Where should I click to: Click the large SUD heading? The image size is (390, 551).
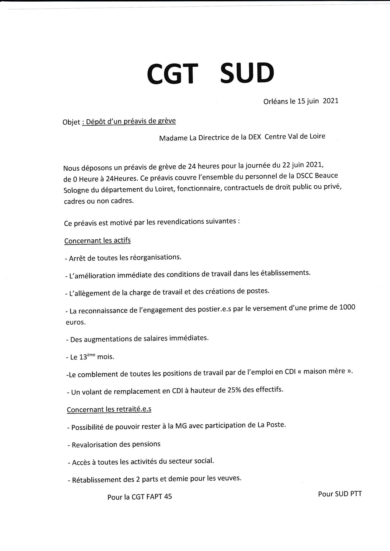(x=247, y=73)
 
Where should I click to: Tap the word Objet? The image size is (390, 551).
(x=71, y=122)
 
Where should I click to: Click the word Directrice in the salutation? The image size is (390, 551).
(x=214, y=137)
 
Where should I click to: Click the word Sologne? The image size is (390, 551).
(x=76, y=190)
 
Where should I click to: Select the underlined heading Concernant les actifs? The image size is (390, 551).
(x=97, y=240)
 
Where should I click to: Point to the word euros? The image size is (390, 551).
(x=76, y=322)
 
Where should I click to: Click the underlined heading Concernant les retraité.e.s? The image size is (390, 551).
(x=109, y=409)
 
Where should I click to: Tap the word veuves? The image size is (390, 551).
(x=231, y=478)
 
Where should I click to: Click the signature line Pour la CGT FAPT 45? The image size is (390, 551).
(x=140, y=497)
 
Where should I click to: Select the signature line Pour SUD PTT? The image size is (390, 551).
(x=340, y=494)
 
